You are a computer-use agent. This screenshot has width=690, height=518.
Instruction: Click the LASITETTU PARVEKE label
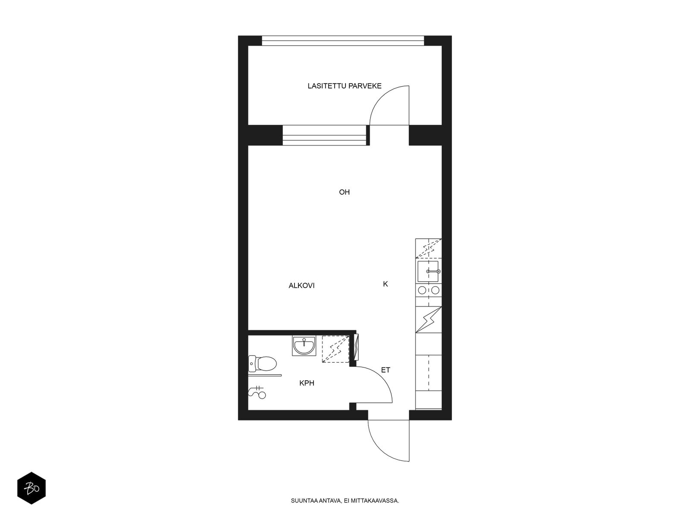pos(344,86)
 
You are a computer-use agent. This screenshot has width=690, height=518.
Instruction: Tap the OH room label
pos(344,192)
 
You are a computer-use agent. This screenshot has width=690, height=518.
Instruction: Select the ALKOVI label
pos(301,286)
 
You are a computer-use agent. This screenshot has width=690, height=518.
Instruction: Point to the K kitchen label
pos(386,284)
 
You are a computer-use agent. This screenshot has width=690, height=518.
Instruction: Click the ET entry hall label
pos(386,370)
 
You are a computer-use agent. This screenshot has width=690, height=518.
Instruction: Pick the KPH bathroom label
pos(307,383)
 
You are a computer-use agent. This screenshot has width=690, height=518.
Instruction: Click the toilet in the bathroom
pos(262,363)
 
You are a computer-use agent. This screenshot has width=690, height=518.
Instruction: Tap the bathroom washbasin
pos(304,346)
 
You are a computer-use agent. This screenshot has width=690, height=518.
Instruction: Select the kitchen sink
pos(428,272)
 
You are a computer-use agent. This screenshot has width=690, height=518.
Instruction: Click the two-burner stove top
pos(429,290)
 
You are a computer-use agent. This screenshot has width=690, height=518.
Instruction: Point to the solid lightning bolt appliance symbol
pos(429,319)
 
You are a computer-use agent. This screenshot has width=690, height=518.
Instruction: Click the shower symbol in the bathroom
pos(257,392)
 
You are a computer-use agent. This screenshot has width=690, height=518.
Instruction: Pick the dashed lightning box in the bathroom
pos(336,349)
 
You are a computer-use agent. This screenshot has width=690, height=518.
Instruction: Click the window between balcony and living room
pos(325,135)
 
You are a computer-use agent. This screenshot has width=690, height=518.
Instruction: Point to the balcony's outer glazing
pos(343,41)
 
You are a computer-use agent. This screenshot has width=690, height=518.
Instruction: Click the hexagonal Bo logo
pos(31,488)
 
